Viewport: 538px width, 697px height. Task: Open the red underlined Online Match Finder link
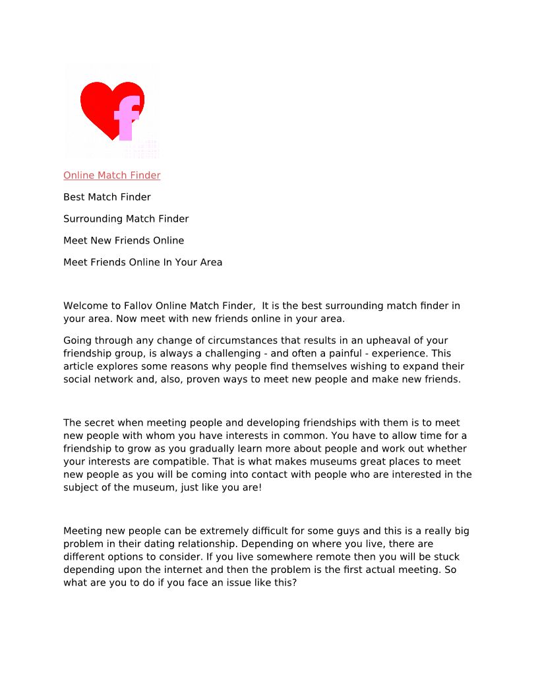(x=112, y=176)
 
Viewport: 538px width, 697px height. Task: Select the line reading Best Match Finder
(x=107, y=197)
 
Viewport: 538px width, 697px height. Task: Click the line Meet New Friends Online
(x=123, y=241)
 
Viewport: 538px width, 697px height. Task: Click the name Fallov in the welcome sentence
(x=140, y=306)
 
